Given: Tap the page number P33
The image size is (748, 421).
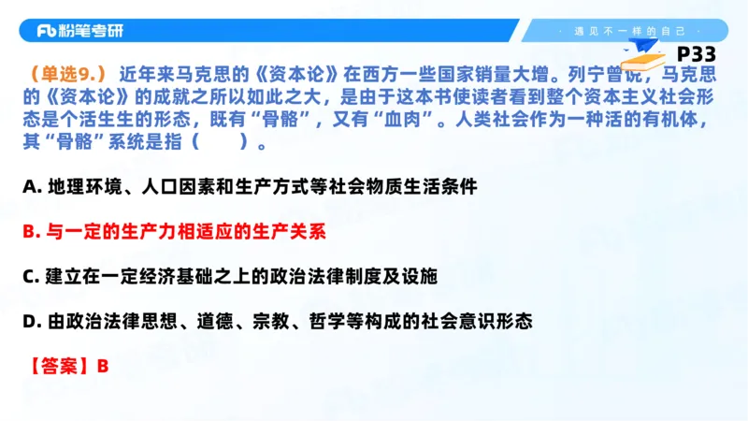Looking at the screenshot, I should coord(695,55).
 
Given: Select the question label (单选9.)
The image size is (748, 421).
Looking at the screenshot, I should coord(67,73).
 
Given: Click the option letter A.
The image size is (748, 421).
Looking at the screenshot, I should coord(30,186).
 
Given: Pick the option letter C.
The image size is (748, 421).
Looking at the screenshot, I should coord(30,276).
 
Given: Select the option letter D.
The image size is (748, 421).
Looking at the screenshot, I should coord(30,321).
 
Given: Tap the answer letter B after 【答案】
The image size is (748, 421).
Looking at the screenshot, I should coord(103,366).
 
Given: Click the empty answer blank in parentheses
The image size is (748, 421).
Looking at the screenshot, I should coord(222,143).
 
